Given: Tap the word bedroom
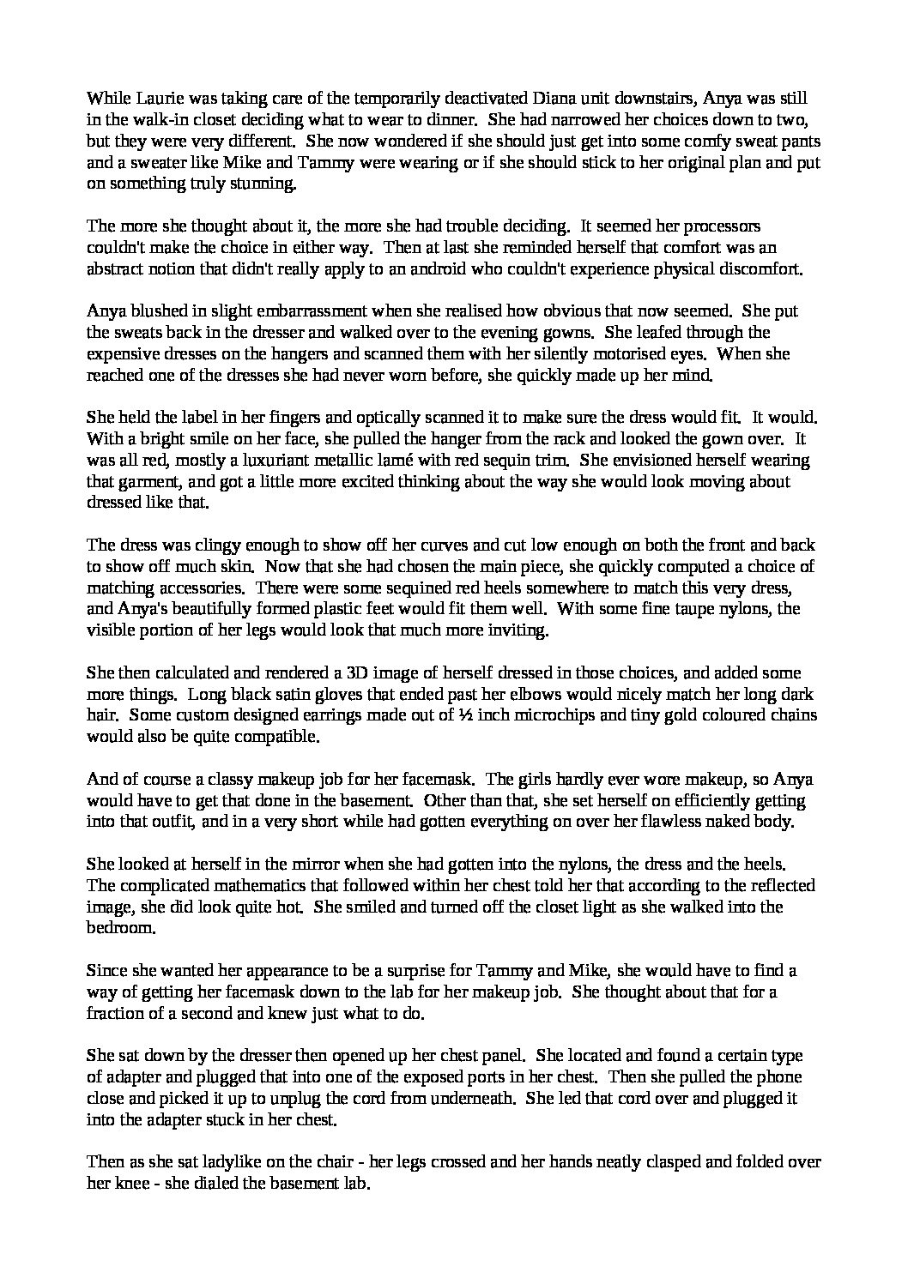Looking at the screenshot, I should click(118, 928).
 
